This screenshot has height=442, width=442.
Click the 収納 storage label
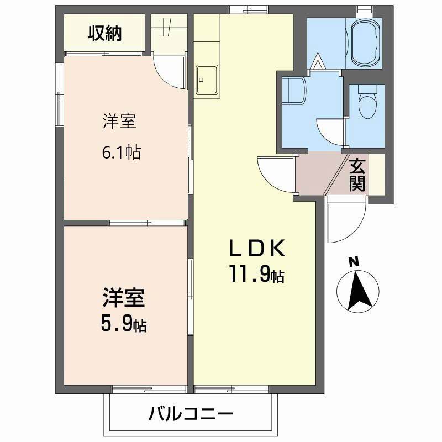(104, 34)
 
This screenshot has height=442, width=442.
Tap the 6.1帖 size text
(121, 151)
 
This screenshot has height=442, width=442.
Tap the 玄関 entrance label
(357, 175)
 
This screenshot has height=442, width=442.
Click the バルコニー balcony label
(191, 413)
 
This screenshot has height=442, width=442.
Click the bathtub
(365, 42)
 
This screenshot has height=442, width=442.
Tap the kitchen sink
(206, 79)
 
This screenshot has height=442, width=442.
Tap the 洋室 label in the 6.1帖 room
(119, 121)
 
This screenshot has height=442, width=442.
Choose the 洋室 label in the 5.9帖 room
(123, 298)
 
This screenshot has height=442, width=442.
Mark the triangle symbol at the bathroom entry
(319, 60)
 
